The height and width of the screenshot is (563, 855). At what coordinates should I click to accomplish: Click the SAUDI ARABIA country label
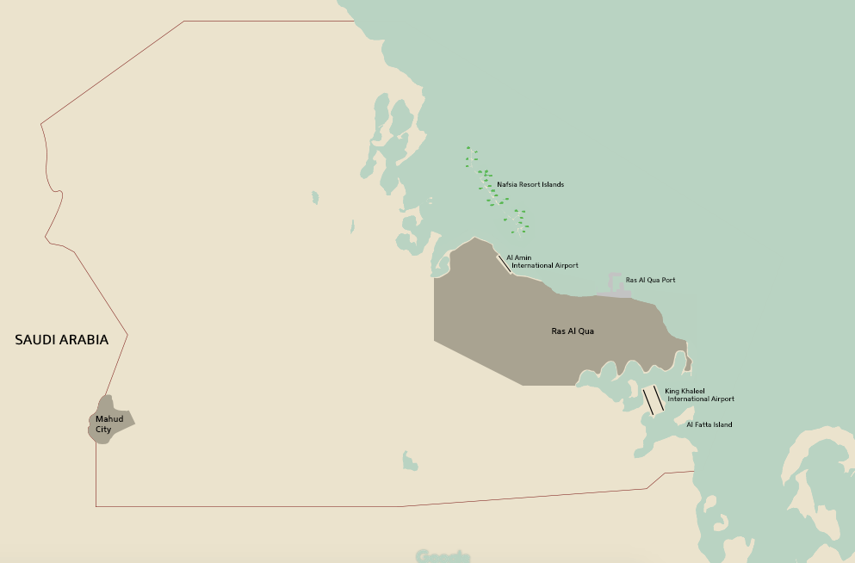tap(62, 340)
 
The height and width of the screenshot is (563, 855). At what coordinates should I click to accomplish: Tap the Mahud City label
tap(109, 424)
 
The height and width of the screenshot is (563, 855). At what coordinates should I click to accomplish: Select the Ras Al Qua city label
tap(573, 331)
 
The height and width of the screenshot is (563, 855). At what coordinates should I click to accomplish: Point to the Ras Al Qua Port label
tap(650, 280)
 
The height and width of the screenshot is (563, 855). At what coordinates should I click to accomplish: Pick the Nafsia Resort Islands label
tap(530, 185)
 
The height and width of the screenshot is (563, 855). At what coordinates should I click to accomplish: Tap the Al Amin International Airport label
tap(542, 262)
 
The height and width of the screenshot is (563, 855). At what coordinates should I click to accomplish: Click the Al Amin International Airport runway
tap(504, 263)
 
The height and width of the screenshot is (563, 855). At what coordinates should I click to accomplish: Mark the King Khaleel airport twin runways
tap(654, 400)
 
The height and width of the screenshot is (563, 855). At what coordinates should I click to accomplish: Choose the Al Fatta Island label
tap(709, 424)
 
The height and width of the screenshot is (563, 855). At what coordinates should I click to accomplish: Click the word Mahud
tap(109, 419)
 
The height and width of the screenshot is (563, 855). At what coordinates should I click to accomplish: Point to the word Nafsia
tap(507, 185)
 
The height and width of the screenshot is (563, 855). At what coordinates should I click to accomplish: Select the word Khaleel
tap(692, 391)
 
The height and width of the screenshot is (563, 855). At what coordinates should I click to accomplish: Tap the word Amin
tap(524, 257)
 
